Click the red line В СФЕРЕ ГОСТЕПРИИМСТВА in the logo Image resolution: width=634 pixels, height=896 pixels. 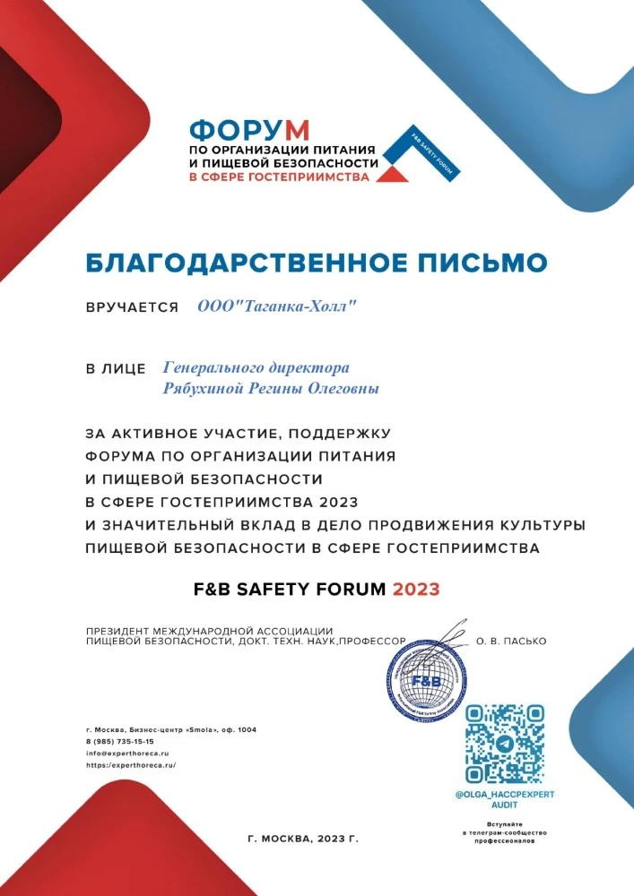(x=279, y=177)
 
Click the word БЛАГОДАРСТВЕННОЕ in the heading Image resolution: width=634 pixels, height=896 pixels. (x=237, y=263)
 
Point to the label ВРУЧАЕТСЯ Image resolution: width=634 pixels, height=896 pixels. (x=132, y=307)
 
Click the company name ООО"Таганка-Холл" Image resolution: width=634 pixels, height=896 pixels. (x=277, y=306)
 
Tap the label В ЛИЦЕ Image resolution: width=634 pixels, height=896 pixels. (x=116, y=368)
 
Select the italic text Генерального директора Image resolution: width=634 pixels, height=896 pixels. (x=256, y=367)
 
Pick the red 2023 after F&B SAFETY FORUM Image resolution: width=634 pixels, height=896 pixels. (x=416, y=590)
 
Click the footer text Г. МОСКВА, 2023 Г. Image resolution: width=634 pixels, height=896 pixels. (x=302, y=840)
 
